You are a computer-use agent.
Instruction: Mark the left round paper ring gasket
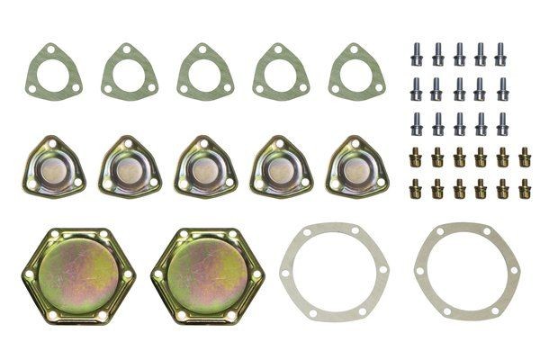pyautogui.click(x=335, y=270)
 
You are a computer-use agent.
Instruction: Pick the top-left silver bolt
pyautogui.click(x=418, y=54)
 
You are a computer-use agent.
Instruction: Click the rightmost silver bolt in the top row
pyautogui.click(x=502, y=54)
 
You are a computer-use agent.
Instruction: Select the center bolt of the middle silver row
pyautogui.click(x=460, y=88)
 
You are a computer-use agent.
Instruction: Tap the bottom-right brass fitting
pyautogui.click(x=525, y=189)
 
